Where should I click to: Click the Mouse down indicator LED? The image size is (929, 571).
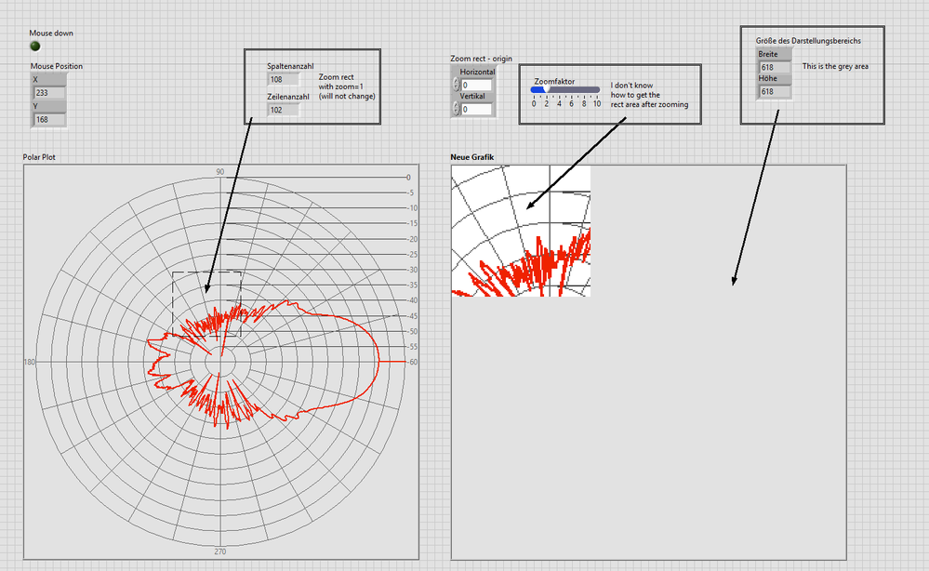(35, 46)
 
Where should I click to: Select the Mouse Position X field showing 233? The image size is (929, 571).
(48, 93)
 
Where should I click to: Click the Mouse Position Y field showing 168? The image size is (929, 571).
(48, 120)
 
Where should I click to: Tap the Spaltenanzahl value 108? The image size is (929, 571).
(283, 79)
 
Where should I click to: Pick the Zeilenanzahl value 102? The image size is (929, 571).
(283, 110)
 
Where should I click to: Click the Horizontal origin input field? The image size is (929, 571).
(476, 85)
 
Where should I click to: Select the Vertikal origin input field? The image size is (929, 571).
(476, 109)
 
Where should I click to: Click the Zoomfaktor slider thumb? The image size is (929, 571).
(546, 89)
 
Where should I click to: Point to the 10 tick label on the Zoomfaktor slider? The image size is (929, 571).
(597, 103)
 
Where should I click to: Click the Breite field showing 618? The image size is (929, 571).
(774, 67)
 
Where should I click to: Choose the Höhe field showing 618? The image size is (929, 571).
(774, 91)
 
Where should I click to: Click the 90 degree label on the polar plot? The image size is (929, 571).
(219, 172)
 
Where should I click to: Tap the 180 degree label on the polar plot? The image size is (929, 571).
(30, 362)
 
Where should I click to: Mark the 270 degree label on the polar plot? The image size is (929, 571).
(219, 551)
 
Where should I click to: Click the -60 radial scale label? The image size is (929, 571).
(412, 362)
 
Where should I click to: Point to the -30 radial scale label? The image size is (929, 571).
(412, 270)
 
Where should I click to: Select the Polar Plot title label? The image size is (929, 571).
(39, 157)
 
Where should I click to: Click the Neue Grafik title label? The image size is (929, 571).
(472, 157)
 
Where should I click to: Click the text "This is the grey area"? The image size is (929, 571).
(835, 66)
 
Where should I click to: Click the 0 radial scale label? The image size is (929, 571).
(408, 177)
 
